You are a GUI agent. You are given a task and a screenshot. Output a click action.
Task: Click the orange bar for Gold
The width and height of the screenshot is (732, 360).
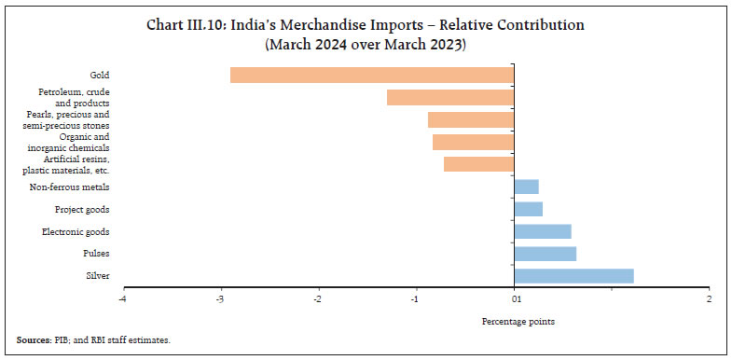(x=371, y=75)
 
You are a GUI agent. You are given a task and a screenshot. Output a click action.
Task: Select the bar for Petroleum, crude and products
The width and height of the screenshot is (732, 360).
(x=449, y=97)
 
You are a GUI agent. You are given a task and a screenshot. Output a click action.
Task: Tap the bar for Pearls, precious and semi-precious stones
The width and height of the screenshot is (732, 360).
(x=470, y=119)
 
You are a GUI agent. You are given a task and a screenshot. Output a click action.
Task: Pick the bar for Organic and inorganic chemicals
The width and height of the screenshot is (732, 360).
(x=473, y=142)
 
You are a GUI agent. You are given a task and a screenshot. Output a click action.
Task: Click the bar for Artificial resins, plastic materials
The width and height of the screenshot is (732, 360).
(x=478, y=164)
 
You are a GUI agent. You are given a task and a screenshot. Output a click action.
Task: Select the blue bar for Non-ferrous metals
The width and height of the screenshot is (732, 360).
(x=526, y=187)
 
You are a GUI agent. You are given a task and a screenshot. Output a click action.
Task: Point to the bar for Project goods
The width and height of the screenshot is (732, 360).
(x=528, y=209)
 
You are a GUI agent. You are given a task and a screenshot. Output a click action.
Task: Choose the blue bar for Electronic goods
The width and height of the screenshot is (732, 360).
(x=542, y=231)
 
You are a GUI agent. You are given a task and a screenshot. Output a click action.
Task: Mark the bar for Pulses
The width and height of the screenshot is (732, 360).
(x=545, y=254)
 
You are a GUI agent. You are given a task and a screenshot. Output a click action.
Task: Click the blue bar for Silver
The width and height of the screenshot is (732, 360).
(x=573, y=276)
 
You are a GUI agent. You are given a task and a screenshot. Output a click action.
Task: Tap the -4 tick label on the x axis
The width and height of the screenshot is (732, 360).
(x=122, y=299)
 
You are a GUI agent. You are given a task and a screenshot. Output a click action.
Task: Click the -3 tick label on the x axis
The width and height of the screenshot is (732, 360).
(x=220, y=299)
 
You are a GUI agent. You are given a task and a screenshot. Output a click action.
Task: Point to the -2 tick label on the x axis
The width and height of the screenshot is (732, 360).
(x=318, y=299)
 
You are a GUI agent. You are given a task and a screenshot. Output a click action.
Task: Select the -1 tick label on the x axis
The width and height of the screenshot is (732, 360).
(x=416, y=299)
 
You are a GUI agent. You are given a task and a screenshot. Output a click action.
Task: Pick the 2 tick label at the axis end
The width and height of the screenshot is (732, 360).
(x=709, y=299)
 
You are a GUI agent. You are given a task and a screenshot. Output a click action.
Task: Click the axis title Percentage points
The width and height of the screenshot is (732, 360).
(x=518, y=322)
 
